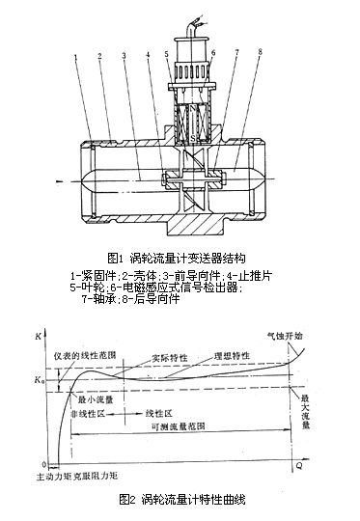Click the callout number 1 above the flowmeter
[x=73, y=58]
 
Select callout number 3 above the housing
[x=124, y=58]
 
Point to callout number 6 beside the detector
[x=211, y=55]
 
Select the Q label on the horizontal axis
[x=309, y=463]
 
